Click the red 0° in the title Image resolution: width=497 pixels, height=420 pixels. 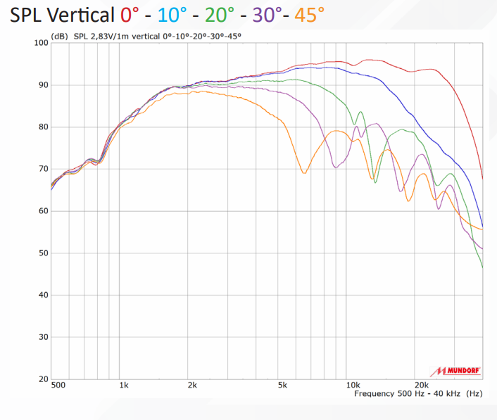[130, 15]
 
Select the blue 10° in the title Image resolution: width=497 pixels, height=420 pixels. [172, 15]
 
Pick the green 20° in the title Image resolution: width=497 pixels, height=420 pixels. [220, 15]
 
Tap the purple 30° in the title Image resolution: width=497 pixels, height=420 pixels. [268, 15]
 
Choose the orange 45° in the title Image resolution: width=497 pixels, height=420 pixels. [309, 15]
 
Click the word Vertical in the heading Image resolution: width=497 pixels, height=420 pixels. [82, 15]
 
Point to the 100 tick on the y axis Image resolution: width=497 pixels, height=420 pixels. [42, 43]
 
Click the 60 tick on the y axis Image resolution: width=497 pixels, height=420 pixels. [44, 211]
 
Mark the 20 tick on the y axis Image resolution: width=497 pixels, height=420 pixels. [44, 379]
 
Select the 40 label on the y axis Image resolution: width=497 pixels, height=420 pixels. [44, 295]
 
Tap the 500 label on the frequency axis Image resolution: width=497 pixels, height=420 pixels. [58, 385]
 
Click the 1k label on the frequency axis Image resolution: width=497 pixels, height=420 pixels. [124, 385]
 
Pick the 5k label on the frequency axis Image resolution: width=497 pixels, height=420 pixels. [282, 385]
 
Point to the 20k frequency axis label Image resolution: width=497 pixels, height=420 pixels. [422, 385]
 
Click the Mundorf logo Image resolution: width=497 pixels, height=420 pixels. [455, 371]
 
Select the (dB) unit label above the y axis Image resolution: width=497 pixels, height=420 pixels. [60, 37]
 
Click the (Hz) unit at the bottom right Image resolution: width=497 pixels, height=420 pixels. [474, 394]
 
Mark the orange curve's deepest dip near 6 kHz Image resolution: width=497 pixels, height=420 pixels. [304, 173]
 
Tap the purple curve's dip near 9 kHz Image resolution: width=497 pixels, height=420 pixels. [336, 167]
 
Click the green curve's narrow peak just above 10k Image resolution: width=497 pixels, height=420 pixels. [360, 112]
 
